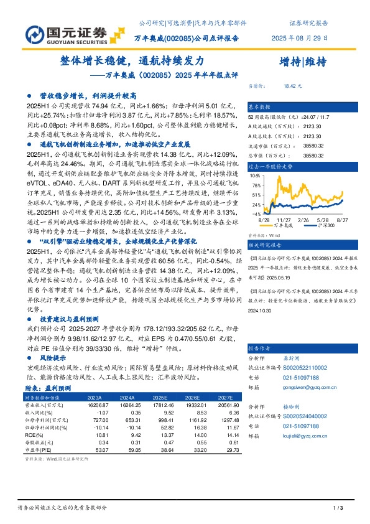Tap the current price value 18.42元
292,87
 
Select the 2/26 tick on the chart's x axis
303,220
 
